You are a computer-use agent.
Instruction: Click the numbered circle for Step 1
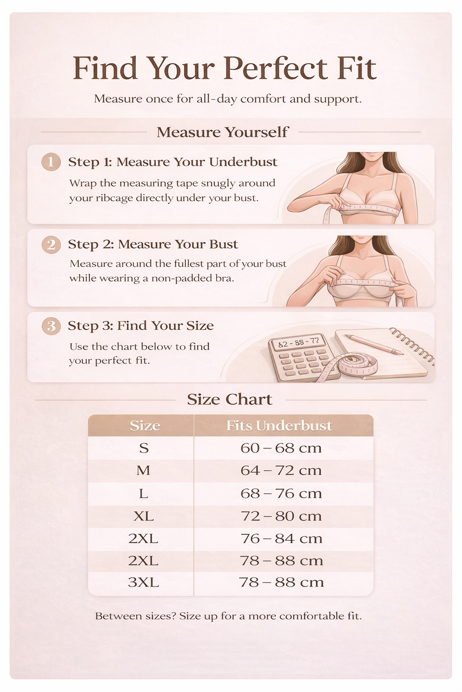pos(51,162)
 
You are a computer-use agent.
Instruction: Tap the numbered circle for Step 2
pos(51,245)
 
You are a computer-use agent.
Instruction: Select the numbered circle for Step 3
pos(51,326)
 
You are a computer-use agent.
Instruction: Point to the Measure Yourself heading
pos(222,132)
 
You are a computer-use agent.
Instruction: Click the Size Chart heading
pos(230,399)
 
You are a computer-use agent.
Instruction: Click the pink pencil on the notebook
pos(374,344)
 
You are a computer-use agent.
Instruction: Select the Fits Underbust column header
pos(279,425)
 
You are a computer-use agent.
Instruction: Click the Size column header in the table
pos(145,426)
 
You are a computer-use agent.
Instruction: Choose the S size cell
pos(144,448)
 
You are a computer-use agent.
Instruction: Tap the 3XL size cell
pos(143,583)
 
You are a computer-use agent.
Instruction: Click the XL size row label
pos(143,516)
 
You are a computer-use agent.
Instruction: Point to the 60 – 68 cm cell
pos(281,448)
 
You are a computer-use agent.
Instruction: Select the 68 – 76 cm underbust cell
pos(281,493)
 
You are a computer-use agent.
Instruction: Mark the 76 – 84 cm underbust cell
pos(282,538)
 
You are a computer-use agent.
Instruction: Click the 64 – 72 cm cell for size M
pos(281,470)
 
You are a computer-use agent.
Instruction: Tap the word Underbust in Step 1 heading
pos(244,162)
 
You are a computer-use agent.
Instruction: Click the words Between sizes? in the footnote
pos(136,616)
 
